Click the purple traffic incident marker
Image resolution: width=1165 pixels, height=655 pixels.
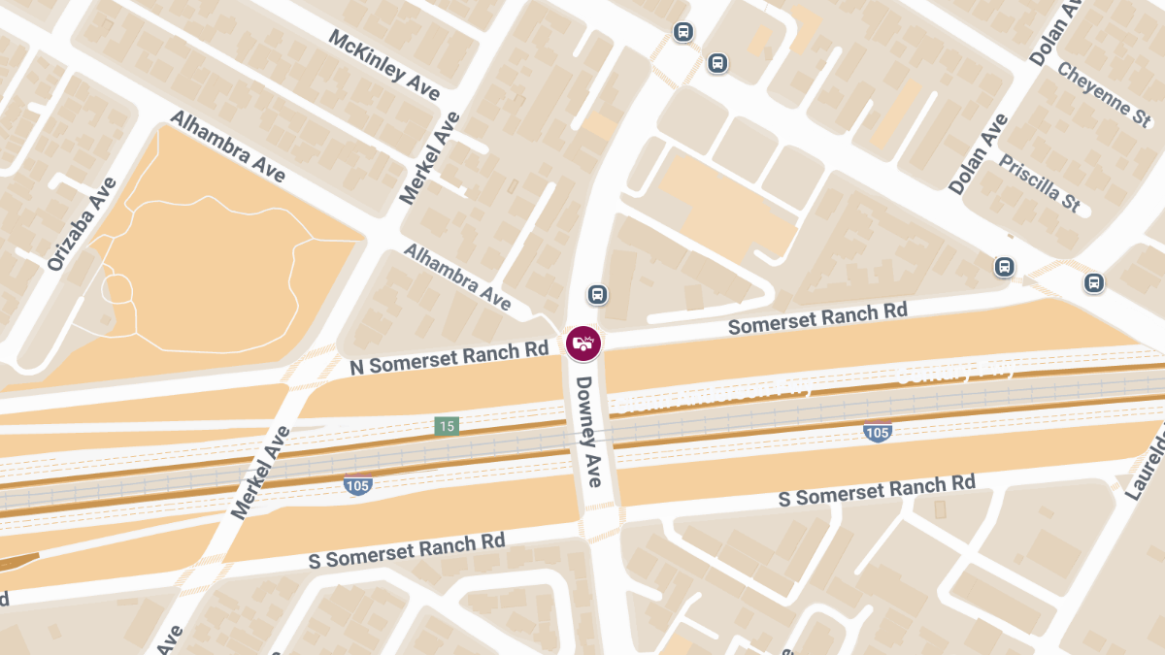point(583,342)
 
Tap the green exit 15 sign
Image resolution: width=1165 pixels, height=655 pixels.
point(446,426)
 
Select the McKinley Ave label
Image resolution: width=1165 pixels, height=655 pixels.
point(384,65)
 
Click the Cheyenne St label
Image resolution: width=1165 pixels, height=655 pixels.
point(1104,94)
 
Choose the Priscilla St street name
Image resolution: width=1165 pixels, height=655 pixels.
point(1040,182)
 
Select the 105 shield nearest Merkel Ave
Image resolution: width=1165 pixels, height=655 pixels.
point(357,484)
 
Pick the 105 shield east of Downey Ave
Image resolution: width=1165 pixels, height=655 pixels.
point(877,432)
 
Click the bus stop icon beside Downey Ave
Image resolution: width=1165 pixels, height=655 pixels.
point(597,294)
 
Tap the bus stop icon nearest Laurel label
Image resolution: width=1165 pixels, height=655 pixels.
point(1093,282)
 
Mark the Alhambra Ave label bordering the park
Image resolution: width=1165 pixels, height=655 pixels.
point(228,146)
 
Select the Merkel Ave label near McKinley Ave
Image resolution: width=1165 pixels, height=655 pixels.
point(430,157)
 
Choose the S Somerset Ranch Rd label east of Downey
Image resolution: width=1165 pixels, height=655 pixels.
point(877,490)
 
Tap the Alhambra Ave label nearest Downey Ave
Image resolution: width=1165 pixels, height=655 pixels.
point(456,277)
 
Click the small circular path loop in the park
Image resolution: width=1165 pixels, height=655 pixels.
point(117,288)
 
